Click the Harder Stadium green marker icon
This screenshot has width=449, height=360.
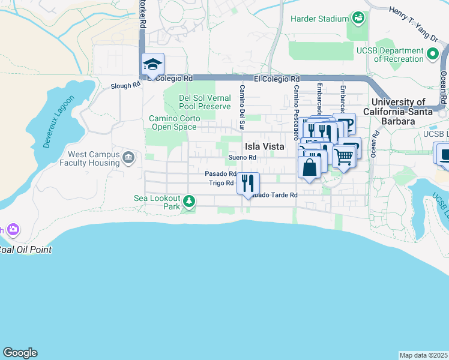point(358,18)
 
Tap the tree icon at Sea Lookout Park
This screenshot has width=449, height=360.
point(189,201)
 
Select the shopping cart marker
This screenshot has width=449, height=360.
point(343,157)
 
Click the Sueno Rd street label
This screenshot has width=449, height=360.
point(242,158)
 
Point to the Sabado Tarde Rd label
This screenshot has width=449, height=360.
point(274,195)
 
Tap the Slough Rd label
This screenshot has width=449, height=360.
point(125,86)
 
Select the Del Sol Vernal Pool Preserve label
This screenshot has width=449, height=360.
point(205,102)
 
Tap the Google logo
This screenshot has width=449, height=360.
point(20,353)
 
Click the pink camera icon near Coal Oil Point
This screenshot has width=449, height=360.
point(13,229)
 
